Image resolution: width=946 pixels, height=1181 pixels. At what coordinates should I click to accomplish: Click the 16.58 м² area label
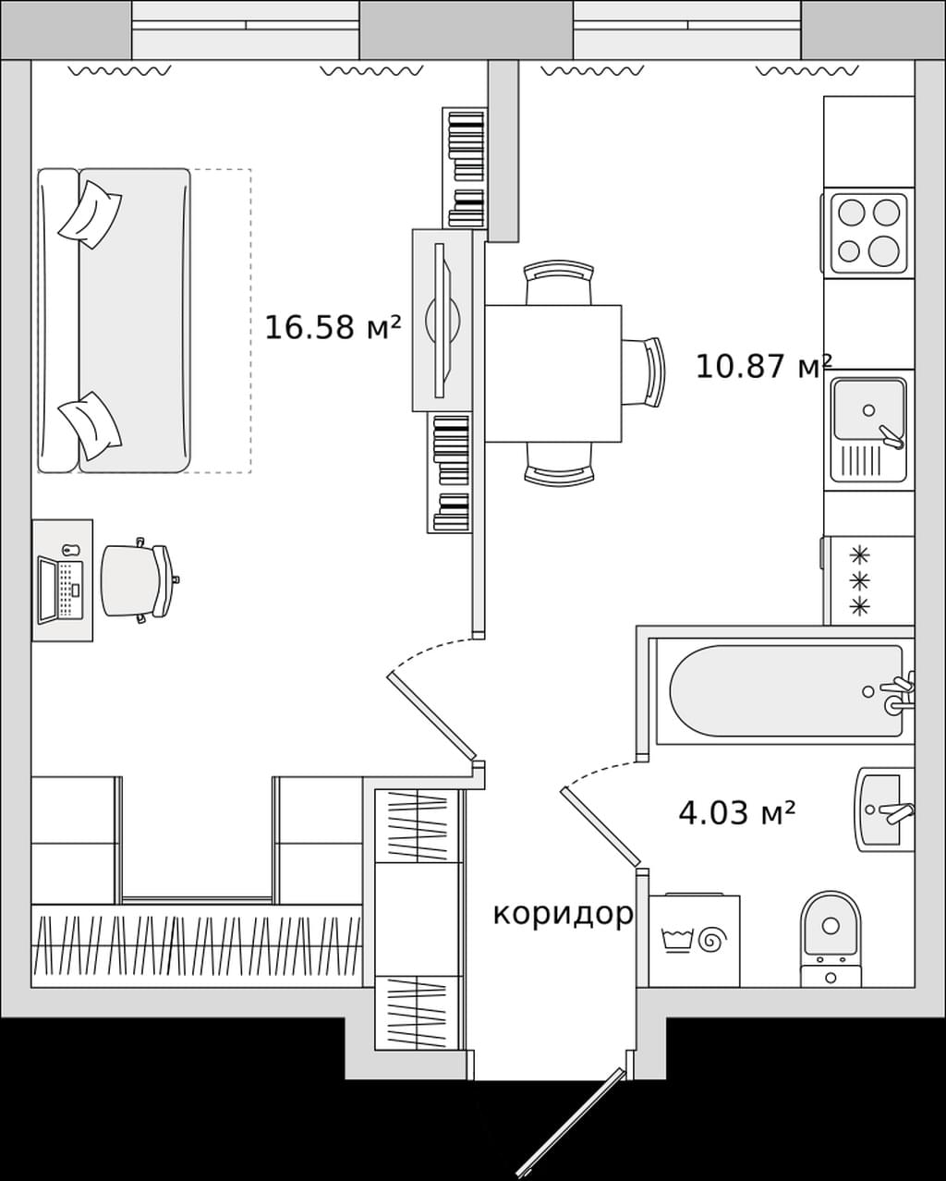coord(334,328)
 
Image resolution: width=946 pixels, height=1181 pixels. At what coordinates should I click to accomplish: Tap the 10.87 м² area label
coord(764,366)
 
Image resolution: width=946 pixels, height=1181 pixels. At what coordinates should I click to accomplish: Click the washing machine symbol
coord(694,941)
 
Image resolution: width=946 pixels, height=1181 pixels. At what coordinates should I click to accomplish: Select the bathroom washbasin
coord(883,810)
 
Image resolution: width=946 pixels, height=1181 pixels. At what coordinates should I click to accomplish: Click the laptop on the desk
coord(61,590)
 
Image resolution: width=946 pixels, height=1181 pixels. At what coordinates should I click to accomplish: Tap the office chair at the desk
coord(139,580)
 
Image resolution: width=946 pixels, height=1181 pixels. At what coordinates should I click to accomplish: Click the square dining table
coord(553,373)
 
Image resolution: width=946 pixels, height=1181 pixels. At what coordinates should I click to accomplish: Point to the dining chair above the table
coord(559,283)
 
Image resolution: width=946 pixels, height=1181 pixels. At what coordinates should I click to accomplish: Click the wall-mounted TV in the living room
coord(443,321)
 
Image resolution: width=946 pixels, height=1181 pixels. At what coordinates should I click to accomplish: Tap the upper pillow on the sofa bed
coord(91,214)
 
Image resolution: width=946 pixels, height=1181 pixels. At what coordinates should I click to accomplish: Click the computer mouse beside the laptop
coord(67,549)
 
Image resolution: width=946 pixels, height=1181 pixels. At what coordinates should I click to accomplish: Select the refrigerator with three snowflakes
coord(868,580)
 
